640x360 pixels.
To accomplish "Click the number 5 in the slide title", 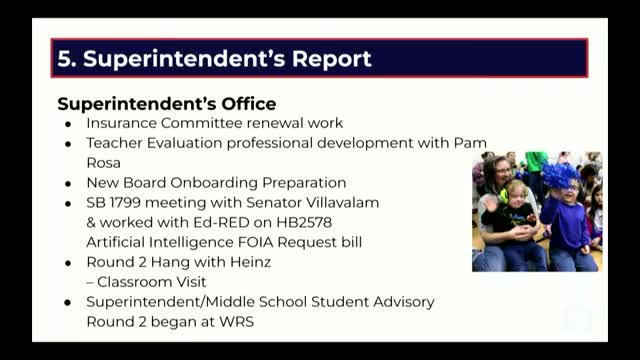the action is (x=64, y=58).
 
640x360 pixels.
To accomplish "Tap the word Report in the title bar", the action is (x=331, y=58).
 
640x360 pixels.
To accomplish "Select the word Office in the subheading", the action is (x=249, y=104).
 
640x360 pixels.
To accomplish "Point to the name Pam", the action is (x=470, y=143).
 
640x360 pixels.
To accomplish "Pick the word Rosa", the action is (x=104, y=163).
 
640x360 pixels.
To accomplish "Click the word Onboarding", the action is (x=214, y=183).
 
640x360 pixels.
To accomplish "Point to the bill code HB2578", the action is (x=304, y=222).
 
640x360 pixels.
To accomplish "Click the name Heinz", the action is (x=251, y=262).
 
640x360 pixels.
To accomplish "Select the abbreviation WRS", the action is (x=236, y=322).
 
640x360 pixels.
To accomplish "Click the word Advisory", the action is (x=404, y=302).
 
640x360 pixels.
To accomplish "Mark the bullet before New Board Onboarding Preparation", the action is (x=68, y=184).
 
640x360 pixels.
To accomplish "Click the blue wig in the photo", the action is (x=560, y=175).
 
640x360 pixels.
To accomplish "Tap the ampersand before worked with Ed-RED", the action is (x=91, y=222).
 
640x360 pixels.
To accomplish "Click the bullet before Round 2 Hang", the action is (x=68, y=263).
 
